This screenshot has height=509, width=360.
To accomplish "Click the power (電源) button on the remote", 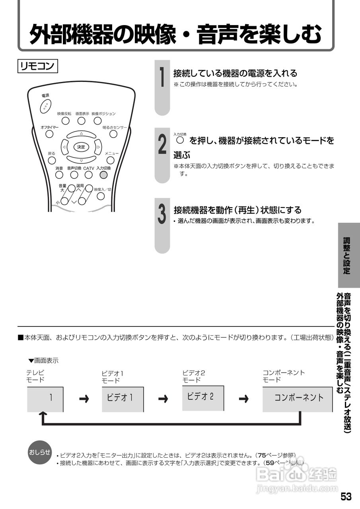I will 46,105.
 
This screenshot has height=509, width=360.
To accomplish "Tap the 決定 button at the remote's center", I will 81,147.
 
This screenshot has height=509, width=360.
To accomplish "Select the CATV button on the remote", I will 88,175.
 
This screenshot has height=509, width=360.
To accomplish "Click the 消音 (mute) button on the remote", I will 59,175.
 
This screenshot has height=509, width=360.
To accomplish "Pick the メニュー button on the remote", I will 111,160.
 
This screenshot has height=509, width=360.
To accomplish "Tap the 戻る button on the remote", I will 52,160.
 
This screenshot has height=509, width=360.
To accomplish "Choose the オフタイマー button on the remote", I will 49,134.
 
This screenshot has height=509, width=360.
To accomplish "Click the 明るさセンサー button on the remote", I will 113,134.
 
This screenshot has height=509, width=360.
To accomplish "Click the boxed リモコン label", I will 38,66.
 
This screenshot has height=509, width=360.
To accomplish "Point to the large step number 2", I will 162,144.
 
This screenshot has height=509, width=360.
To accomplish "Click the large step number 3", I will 162,214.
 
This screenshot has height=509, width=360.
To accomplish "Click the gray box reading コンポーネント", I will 297,398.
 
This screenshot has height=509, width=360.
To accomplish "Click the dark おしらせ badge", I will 39,452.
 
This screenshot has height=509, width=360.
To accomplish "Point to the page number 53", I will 346,497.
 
